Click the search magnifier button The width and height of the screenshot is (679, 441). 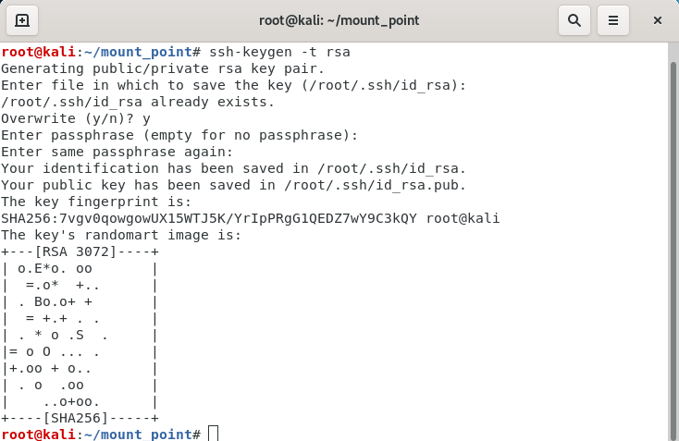[x=574, y=20]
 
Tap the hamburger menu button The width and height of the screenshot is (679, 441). [x=613, y=20]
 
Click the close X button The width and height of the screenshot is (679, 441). [x=658, y=20]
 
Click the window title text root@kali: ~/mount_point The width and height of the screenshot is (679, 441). [x=339, y=20]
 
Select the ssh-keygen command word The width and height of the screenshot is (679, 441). [x=251, y=52]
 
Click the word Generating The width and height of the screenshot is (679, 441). [x=43, y=68]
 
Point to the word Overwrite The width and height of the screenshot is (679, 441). [x=38, y=118]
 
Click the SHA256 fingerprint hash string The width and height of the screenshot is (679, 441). [x=209, y=218]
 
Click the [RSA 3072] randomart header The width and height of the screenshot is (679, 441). [x=76, y=251]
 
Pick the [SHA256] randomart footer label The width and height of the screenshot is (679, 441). [x=76, y=418]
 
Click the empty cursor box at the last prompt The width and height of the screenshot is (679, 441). [x=213, y=434]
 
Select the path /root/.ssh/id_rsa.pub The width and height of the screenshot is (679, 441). [x=375, y=185]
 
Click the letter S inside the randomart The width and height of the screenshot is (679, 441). [x=80, y=335]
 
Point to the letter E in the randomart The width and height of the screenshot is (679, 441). [x=38, y=268]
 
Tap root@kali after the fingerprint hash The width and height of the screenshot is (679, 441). [x=463, y=218]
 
